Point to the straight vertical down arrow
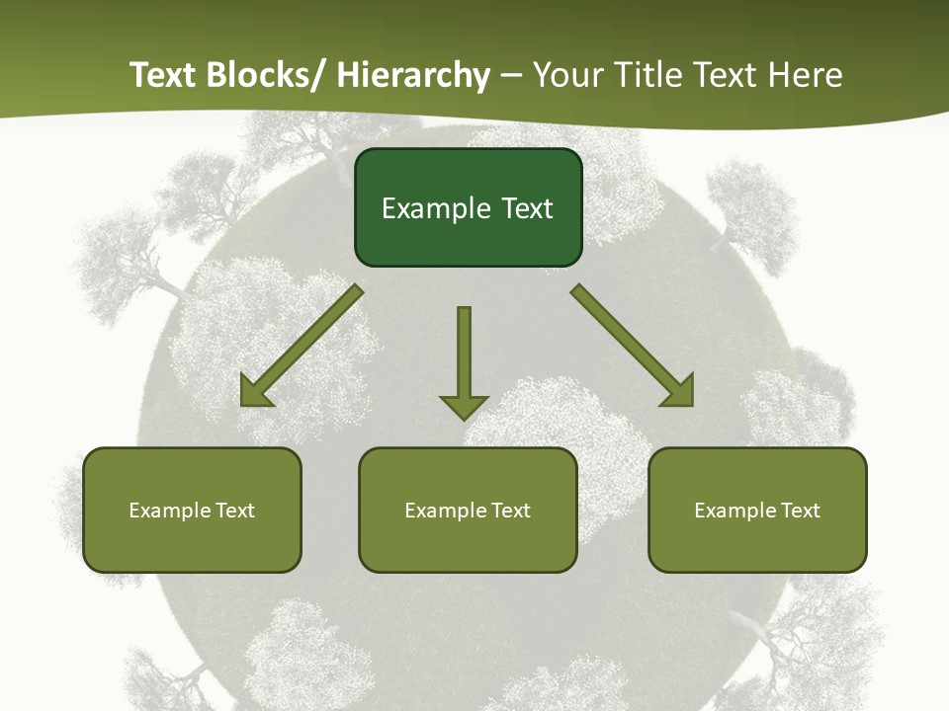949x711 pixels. pyautogui.click(x=464, y=355)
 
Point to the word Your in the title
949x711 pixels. pyautogui.click(x=568, y=76)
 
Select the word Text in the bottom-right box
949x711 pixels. pyautogui.click(x=799, y=511)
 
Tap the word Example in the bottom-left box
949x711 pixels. pyautogui.click(x=169, y=511)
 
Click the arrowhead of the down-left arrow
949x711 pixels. pyautogui.click(x=254, y=392)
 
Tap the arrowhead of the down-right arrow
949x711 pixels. pyautogui.click(x=680, y=392)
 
